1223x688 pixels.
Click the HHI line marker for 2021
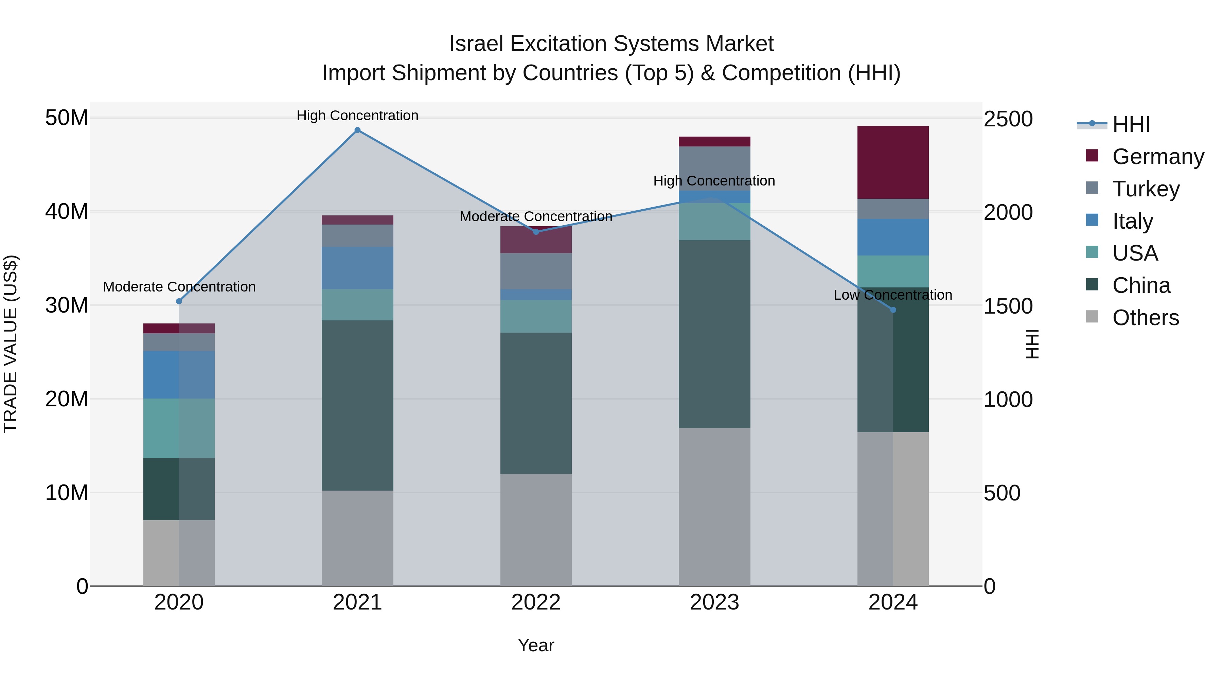[357, 130]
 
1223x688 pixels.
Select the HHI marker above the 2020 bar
[179, 301]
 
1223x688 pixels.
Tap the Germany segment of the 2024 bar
[893, 162]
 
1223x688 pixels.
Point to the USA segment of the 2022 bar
[536, 316]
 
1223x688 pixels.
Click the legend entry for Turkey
[1146, 189]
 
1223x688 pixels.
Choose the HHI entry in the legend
[1131, 124]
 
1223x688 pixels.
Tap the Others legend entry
[1145, 318]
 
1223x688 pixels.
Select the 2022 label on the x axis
[536, 602]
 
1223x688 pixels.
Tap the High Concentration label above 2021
[357, 116]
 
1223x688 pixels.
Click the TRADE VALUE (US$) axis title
[11, 344]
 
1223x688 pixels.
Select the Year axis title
[536, 645]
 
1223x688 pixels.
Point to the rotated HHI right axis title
[1032, 344]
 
